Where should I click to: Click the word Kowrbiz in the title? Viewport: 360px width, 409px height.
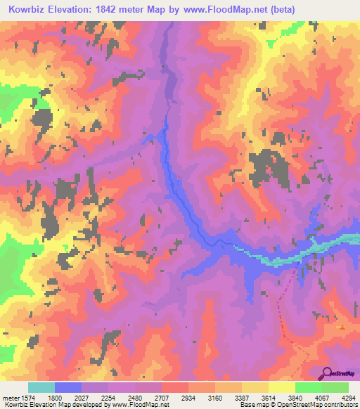[x=30, y=9]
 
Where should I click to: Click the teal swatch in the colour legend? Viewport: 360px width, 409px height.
[x=41, y=387]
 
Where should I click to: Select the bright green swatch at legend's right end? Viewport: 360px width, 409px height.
[x=335, y=387]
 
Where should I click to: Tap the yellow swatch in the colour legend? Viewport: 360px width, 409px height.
[x=282, y=387]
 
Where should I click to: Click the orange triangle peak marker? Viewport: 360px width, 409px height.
[x=341, y=326]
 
